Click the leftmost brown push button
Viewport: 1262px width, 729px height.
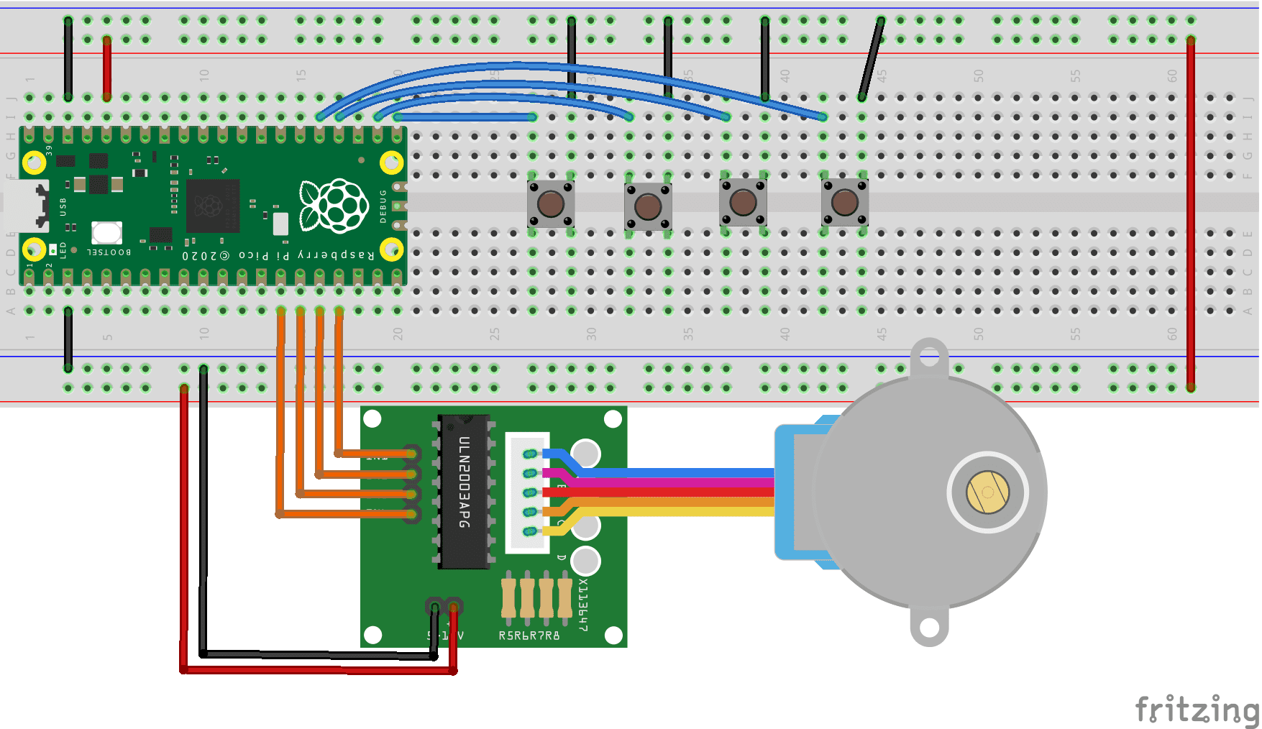[x=551, y=204]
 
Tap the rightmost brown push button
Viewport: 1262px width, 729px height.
[x=845, y=203]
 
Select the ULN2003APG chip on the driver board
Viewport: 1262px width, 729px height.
[x=465, y=492]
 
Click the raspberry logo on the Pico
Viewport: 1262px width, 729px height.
[x=334, y=206]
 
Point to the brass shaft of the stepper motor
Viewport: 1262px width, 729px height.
[x=988, y=492]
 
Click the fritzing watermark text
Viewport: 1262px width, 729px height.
[x=1196, y=710]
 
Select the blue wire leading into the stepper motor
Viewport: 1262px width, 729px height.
[x=676, y=472]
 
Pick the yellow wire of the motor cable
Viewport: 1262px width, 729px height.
[x=676, y=512]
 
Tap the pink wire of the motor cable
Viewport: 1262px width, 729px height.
[x=676, y=482]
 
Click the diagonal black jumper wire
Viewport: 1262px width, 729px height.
[x=871, y=59]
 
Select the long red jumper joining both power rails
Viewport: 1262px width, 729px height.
[x=1191, y=216]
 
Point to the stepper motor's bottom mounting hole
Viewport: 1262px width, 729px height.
[x=929, y=628]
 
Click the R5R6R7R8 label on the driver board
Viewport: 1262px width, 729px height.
[x=529, y=636]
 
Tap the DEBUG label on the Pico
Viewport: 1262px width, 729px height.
[x=383, y=206]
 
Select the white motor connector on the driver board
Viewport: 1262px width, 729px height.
[x=527, y=492]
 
